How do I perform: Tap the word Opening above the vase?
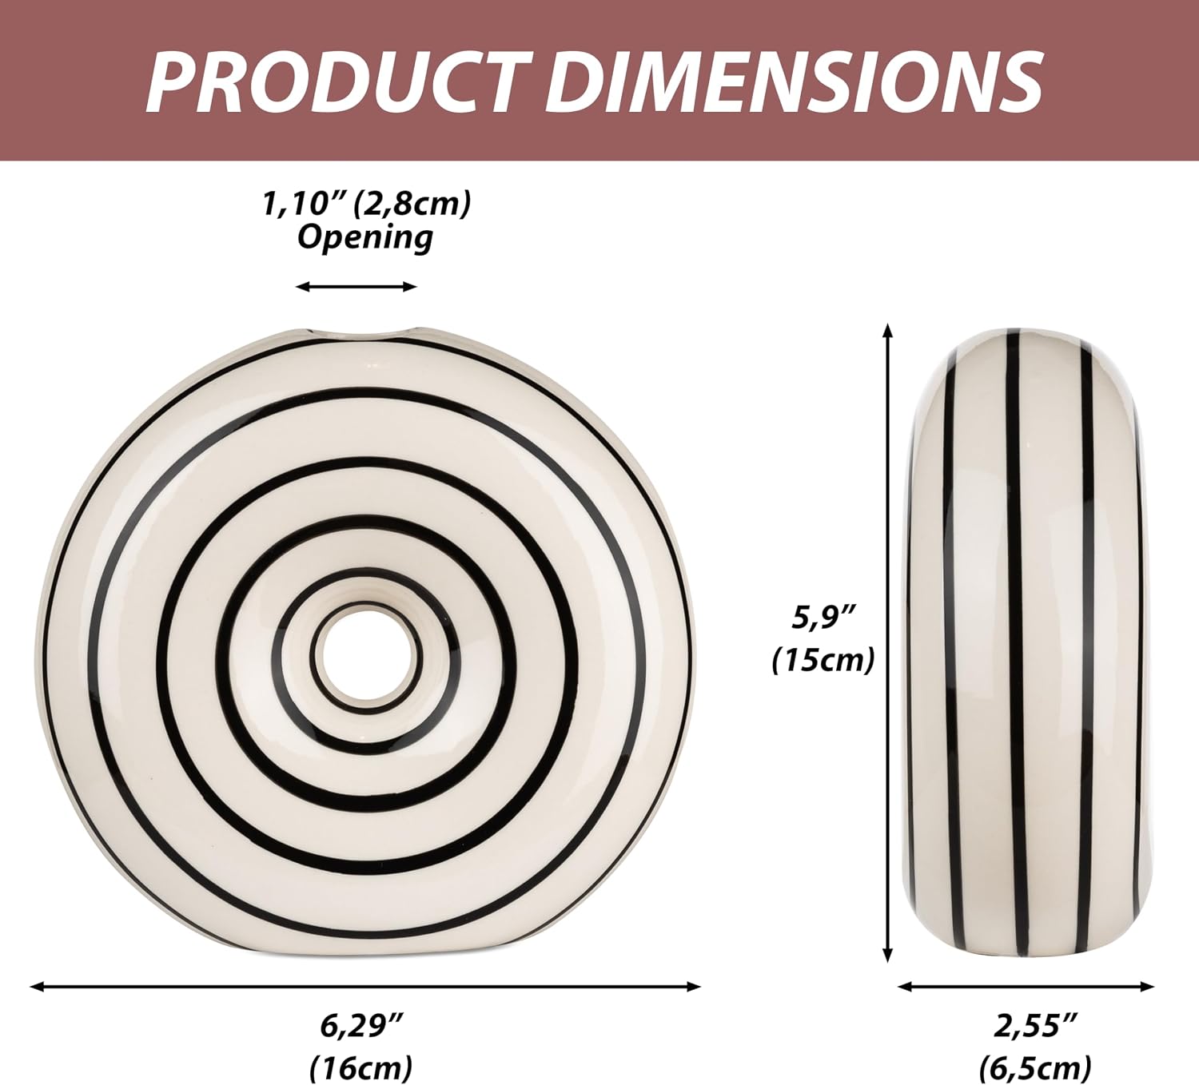pos(365,238)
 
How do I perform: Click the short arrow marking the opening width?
pos(357,288)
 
